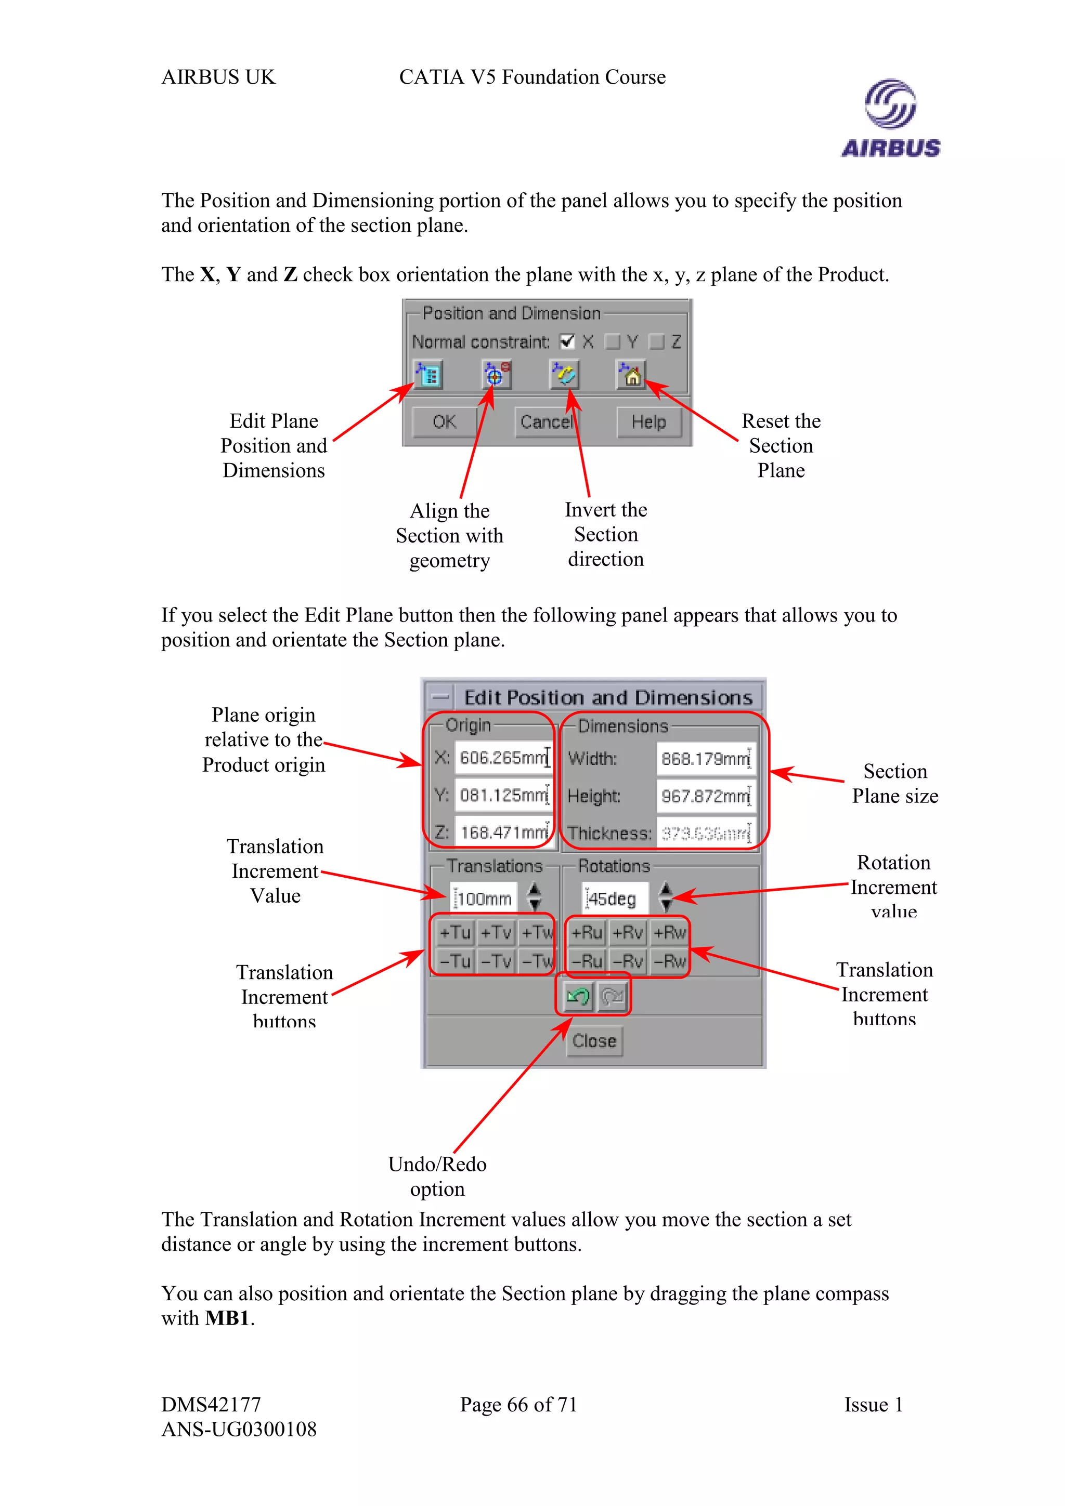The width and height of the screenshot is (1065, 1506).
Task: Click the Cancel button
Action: click(x=546, y=422)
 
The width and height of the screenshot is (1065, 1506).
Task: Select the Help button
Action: click(x=648, y=422)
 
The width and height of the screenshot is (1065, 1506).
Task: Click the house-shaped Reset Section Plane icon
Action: click(x=631, y=375)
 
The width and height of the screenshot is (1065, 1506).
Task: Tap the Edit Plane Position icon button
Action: click(x=428, y=375)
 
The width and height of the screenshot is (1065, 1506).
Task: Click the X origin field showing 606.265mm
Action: click(x=503, y=758)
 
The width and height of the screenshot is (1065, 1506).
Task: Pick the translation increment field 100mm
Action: click(x=484, y=899)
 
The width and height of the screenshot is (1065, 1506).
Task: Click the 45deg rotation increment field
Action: click(x=614, y=899)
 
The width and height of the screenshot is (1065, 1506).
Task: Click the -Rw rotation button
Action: click(x=669, y=961)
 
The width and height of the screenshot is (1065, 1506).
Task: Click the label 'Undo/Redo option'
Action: click(x=437, y=1176)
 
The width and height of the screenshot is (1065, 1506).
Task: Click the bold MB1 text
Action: click(x=227, y=1318)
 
